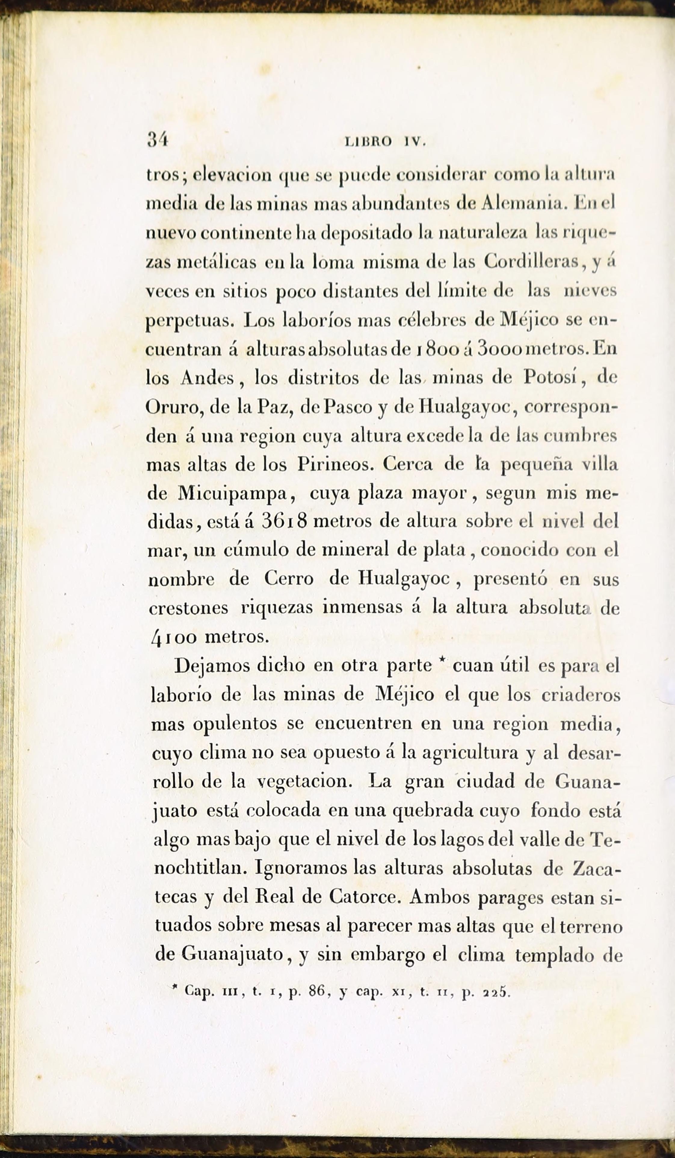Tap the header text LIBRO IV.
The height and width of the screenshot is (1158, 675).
tap(385, 142)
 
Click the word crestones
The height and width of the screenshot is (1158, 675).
tap(189, 608)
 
